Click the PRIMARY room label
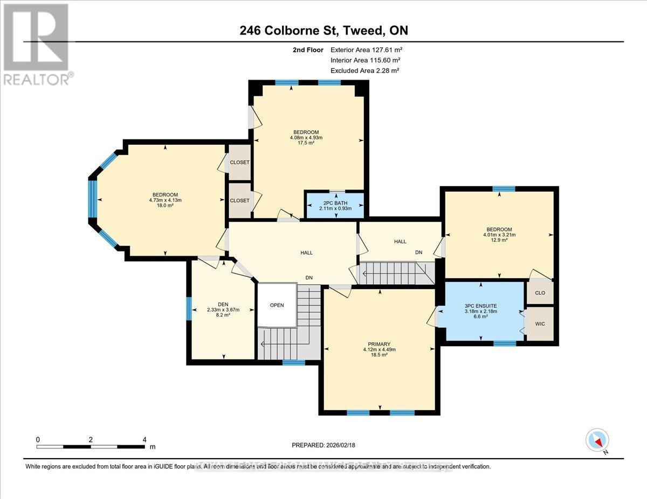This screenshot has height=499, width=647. pos(380,344)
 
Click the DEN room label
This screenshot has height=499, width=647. pos(223,304)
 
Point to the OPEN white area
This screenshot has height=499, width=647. pos(277,305)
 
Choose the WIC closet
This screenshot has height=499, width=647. pos(539,325)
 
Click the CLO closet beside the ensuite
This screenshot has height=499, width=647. pos(540,293)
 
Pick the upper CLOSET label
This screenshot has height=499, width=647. pos(239,162)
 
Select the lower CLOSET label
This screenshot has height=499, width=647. pos(239,200)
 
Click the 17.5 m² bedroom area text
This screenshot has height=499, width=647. pos(306,143)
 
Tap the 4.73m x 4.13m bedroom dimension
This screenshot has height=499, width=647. pos(165,200)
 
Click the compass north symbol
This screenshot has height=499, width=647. pos(597,441)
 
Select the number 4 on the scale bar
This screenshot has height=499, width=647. pos(144,440)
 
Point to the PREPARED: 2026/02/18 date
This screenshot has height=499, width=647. pos(323,445)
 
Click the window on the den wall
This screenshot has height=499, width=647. pos(189,309)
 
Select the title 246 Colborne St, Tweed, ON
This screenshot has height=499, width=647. pos(323,31)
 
